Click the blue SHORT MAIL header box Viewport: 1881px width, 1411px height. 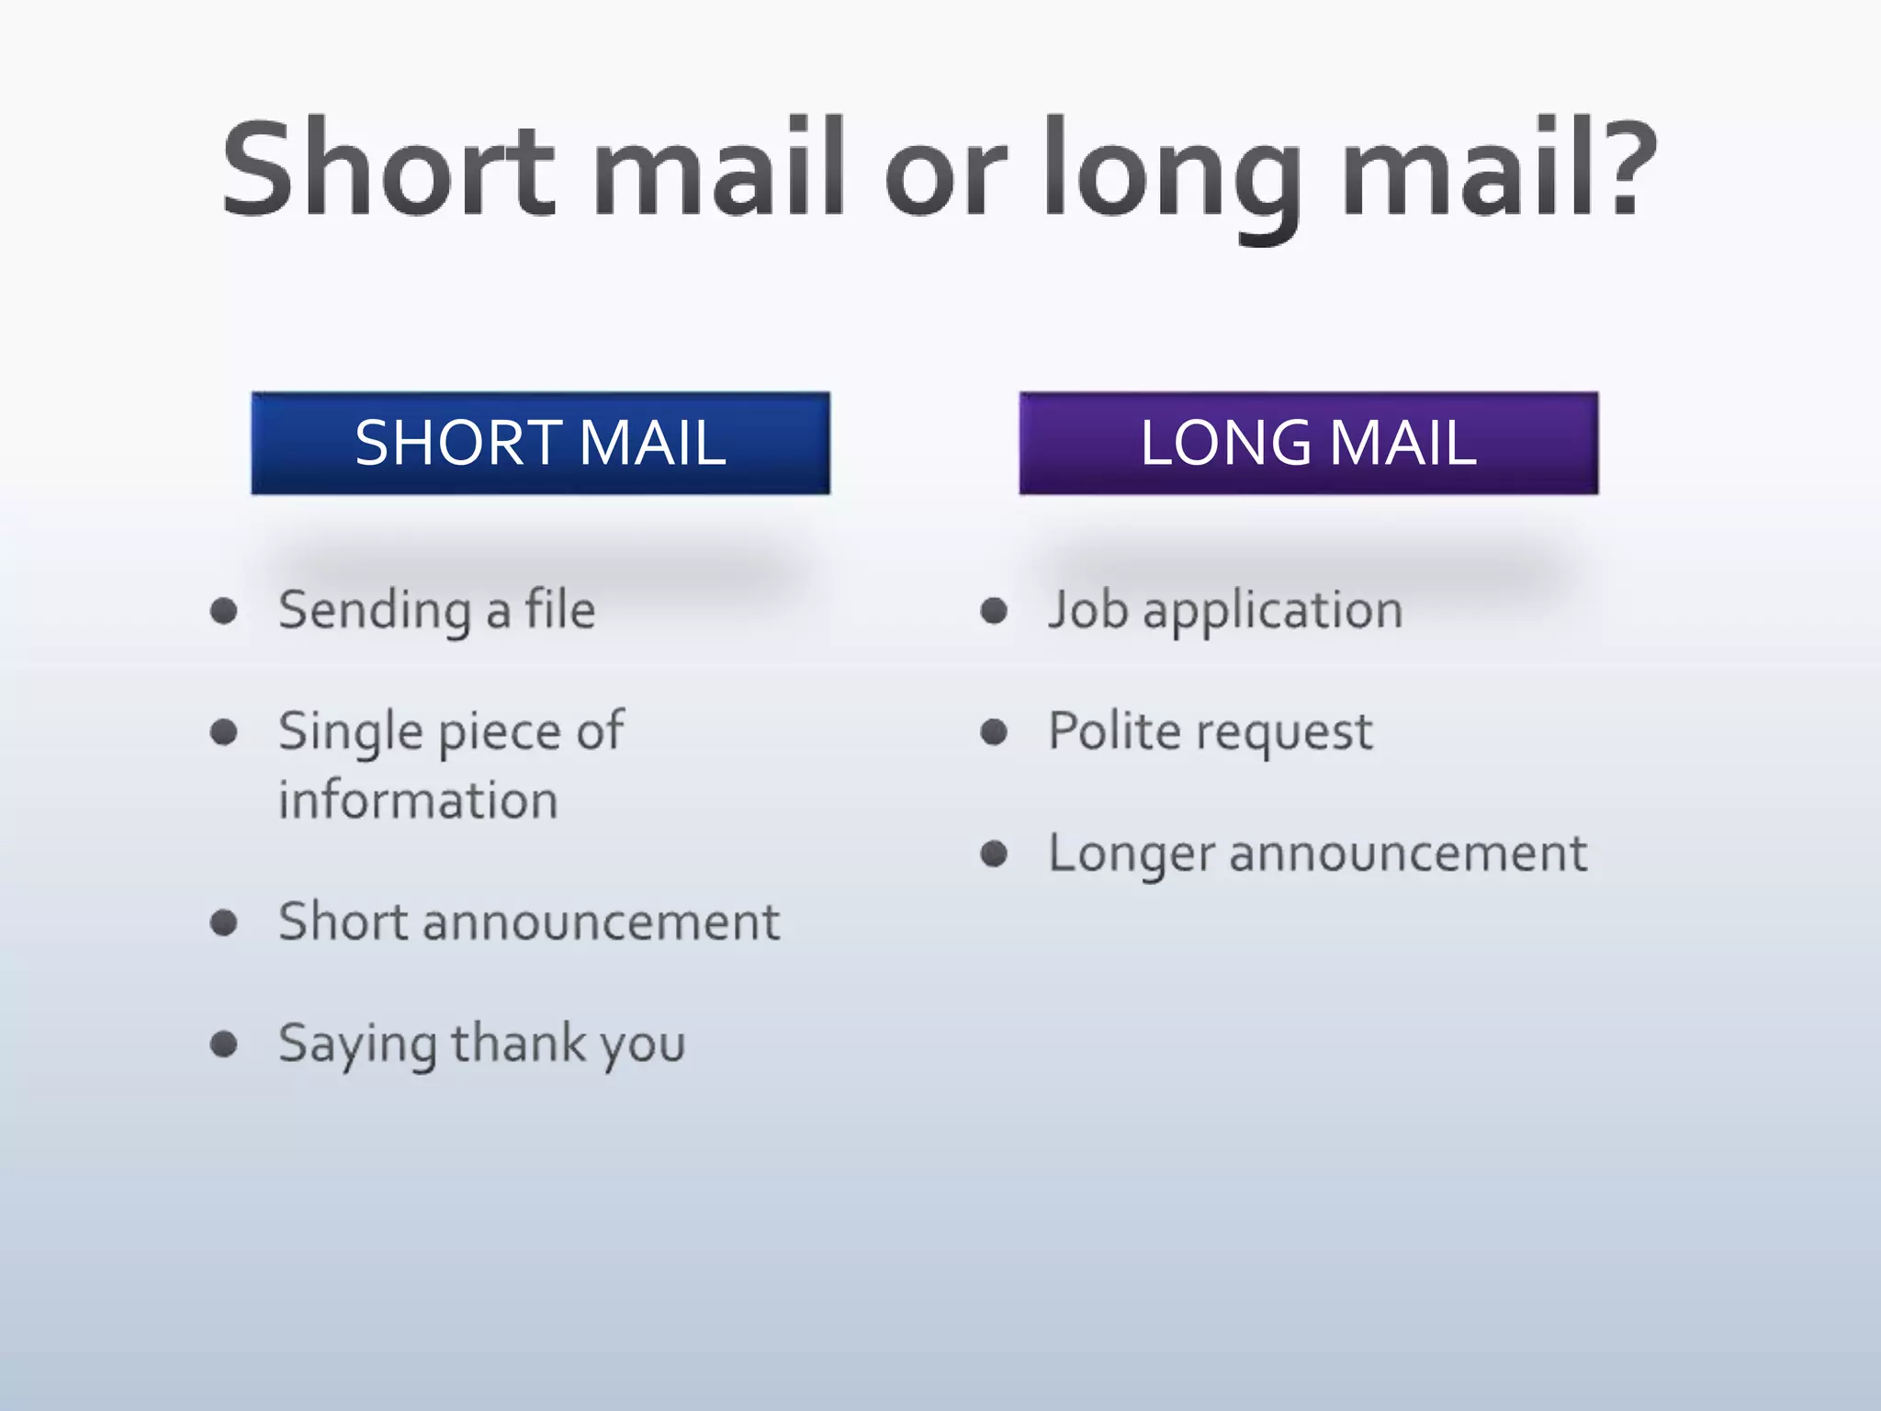(540, 443)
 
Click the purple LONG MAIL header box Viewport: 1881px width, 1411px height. (1308, 443)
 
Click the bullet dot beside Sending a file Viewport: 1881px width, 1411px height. (224, 611)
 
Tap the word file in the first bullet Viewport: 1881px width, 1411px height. (559, 609)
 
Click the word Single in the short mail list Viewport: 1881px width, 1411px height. (351, 733)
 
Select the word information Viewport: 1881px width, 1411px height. (418, 800)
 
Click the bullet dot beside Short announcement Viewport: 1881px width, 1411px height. (224, 922)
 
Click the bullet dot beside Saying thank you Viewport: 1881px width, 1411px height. (224, 1044)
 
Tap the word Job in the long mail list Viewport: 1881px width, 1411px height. (1087, 611)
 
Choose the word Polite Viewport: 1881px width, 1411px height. (1115, 731)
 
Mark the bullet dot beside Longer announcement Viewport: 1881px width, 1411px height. (994, 854)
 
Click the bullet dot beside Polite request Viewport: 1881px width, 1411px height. (994, 732)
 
